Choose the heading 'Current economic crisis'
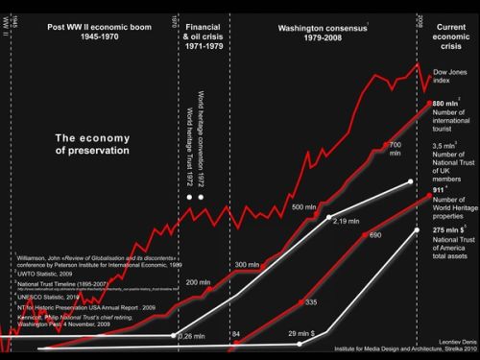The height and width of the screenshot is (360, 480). click(447, 36)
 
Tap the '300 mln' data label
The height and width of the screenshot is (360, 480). click(247, 263)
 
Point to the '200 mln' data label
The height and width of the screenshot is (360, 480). click(198, 282)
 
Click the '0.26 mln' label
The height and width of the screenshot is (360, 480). click(194, 336)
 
